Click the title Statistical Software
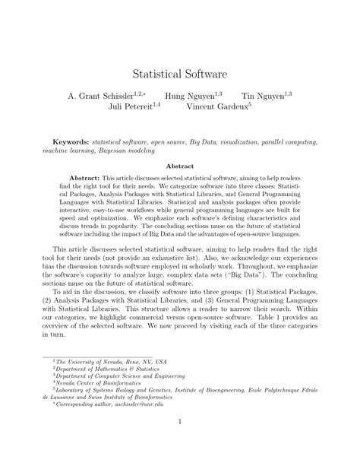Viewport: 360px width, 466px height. point(180,74)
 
